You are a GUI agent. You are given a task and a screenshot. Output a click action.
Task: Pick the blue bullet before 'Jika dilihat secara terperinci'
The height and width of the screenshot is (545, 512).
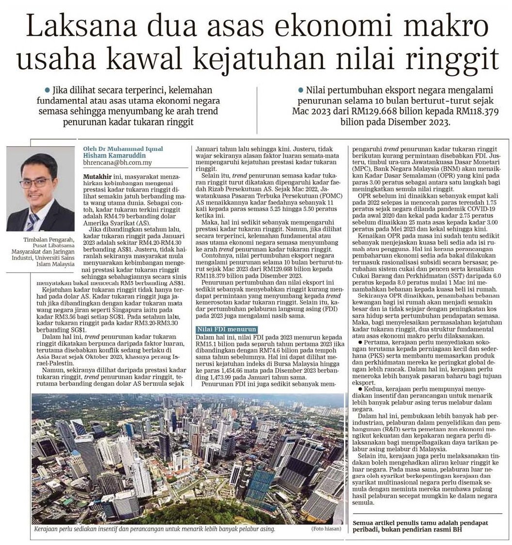click(47, 90)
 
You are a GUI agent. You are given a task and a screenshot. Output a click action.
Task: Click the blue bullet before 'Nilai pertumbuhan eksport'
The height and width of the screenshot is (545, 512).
click(301, 90)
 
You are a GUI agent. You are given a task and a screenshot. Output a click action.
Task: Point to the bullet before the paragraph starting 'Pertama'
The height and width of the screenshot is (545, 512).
click(356, 341)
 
